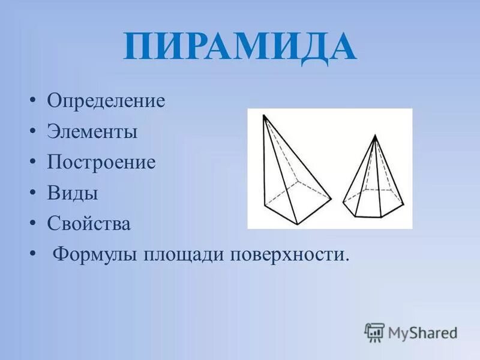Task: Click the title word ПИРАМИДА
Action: [x=240, y=47]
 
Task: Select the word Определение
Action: [x=106, y=100]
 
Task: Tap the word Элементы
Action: [x=92, y=131]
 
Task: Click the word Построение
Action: [x=101, y=163]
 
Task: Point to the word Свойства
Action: [x=89, y=224]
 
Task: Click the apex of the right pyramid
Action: [x=375, y=136]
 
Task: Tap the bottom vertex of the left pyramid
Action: [x=296, y=224]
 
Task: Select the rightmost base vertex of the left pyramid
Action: [x=331, y=198]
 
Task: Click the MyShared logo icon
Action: [x=374, y=332]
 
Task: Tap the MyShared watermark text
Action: [x=422, y=332]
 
